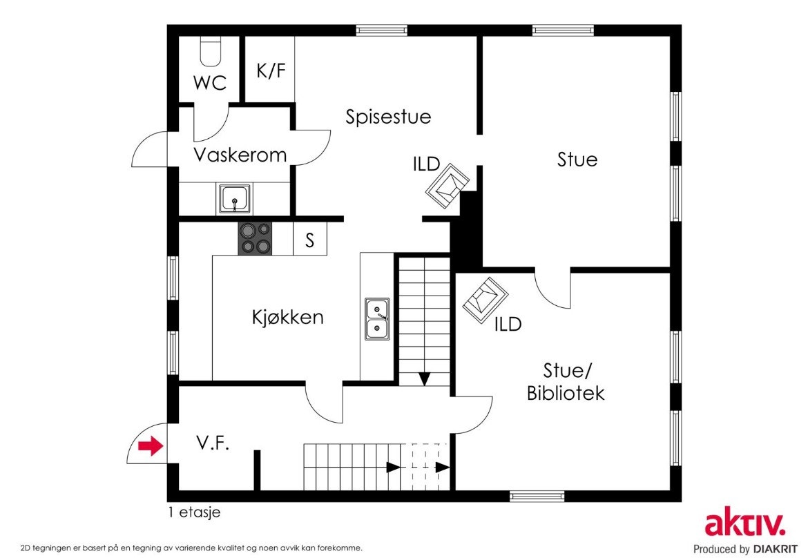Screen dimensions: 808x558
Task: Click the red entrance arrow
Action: pos(151,446)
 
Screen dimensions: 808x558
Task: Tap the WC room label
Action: pos(210,82)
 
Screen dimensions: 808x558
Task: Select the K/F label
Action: pos(271,70)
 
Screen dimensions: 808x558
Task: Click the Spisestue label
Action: pos(388,117)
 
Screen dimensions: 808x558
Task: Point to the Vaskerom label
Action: pos(240,155)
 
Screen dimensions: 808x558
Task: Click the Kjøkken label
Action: pos(287,317)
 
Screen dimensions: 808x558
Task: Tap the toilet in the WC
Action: pos(210,52)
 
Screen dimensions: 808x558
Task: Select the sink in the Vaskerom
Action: pos(235,198)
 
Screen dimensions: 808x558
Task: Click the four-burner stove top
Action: pos(255,238)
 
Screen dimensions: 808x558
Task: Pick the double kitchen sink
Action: pos(378,319)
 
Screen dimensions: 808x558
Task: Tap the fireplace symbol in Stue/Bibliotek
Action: pos(485,300)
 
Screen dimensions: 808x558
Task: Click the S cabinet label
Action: pos(309,240)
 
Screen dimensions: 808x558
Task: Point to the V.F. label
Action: pos(213,443)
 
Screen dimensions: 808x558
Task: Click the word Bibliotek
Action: pos(566,393)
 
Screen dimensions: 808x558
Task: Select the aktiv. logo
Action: pos(745,524)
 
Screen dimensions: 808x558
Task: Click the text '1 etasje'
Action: pos(194,512)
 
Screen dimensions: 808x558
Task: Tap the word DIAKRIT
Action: pos(775,549)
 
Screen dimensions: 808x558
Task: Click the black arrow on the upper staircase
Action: pos(425,379)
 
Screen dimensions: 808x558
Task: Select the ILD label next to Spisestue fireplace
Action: pos(427,164)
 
